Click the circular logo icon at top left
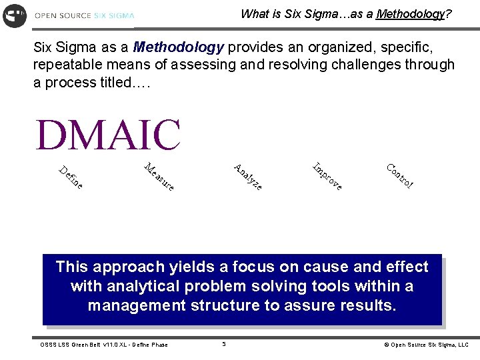tap(15, 15)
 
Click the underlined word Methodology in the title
tap(409, 14)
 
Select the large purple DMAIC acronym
tap(108, 135)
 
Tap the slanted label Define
tap(71, 176)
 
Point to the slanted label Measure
tap(159, 177)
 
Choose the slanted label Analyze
tap(247, 176)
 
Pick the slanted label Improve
tap(327, 177)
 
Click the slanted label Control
tap(400, 175)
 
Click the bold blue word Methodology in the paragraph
tap(178, 48)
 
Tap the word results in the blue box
tap(366, 306)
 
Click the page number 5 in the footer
tap(224, 344)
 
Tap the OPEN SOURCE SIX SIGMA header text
tap(84, 15)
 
